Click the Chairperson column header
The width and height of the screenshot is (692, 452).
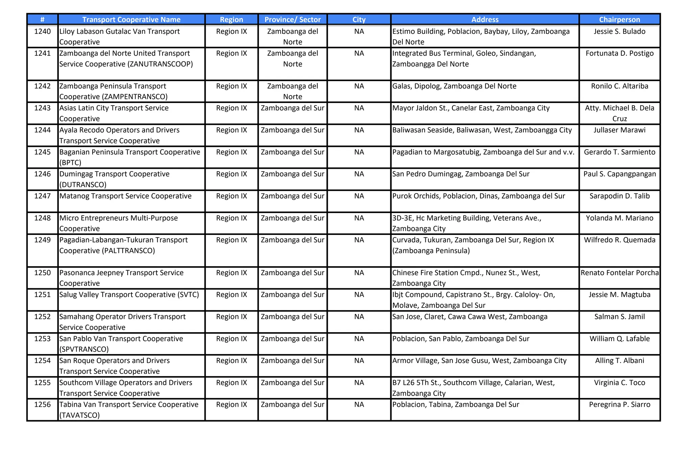point(619,20)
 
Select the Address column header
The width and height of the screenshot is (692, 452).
point(485,20)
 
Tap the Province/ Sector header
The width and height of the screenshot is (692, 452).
point(292,20)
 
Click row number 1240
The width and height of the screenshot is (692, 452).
point(42,31)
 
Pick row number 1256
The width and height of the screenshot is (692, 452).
point(42,404)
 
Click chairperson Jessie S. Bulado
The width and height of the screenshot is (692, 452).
point(619,31)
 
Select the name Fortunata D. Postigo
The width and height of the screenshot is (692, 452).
point(619,53)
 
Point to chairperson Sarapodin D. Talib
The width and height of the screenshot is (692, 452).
point(619,196)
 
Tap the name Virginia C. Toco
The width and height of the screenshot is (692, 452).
point(619,382)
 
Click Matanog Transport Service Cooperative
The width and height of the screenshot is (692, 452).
point(125,196)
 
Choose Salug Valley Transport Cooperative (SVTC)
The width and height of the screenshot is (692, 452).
point(129,295)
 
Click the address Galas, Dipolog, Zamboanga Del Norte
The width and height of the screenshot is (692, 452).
point(454,86)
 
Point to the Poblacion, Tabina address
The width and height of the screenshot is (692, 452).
point(455,404)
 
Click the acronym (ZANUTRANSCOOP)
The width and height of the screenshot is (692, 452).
point(160,64)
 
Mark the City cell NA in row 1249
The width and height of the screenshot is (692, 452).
point(359,240)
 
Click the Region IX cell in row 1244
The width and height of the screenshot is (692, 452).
point(231,130)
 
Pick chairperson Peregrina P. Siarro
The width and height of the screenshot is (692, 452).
point(619,404)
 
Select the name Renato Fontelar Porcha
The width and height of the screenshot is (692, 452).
point(619,273)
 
